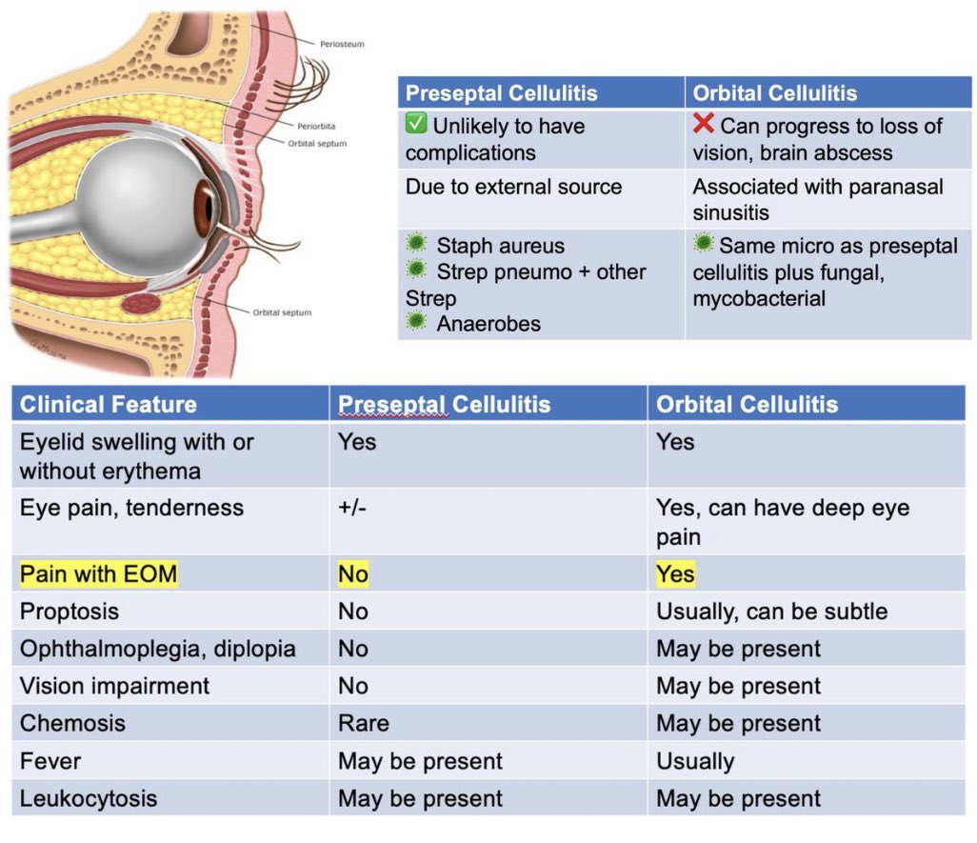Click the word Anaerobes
click(488, 324)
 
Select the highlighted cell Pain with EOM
click(98, 574)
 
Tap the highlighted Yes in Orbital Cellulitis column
click(675, 574)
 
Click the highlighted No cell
click(352, 574)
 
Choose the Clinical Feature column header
click(108, 405)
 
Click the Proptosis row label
click(70, 611)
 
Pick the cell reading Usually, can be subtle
click(771, 611)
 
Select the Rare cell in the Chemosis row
click(363, 723)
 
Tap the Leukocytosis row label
click(89, 798)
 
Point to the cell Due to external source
click(513, 187)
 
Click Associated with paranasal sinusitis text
click(817, 199)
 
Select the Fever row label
click(50, 761)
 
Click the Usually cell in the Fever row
click(695, 761)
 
